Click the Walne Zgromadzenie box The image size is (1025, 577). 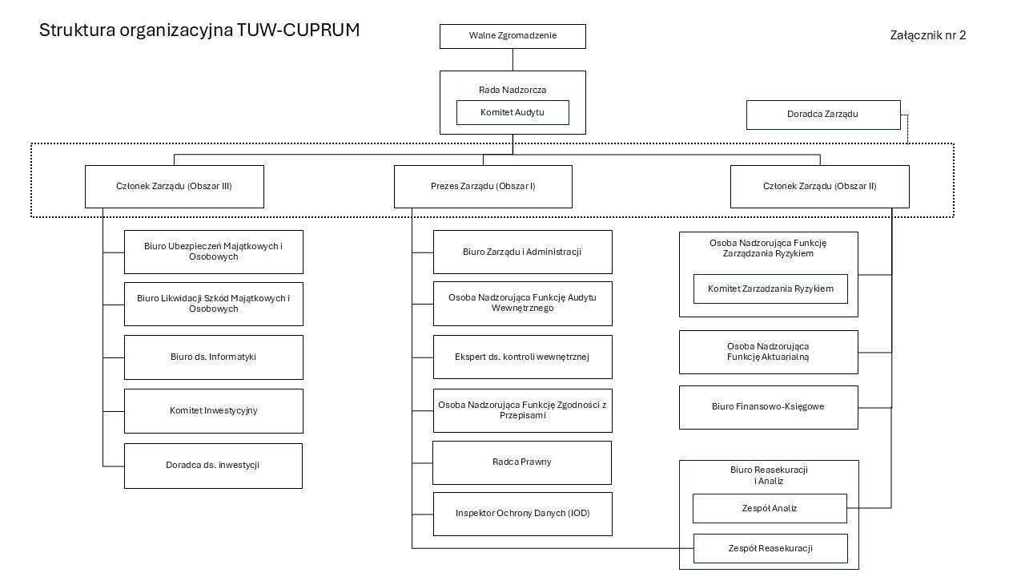click(512, 36)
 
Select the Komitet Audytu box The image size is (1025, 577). click(512, 112)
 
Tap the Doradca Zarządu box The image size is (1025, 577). click(822, 115)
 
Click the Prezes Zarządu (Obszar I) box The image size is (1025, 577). click(483, 186)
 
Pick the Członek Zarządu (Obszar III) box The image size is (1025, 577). click(174, 186)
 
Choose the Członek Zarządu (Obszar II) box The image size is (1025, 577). click(819, 186)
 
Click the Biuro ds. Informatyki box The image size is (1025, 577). click(213, 357)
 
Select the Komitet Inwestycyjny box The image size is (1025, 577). click(213, 411)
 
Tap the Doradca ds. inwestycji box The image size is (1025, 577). click(213, 466)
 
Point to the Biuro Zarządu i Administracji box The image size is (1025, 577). click(522, 252)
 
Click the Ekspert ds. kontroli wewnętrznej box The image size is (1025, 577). click(522, 357)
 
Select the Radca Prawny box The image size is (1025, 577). click(522, 462)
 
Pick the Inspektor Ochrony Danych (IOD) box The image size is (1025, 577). click(522, 514)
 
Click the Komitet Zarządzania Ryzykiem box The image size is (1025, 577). click(770, 288)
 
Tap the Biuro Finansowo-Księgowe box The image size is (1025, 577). click(768, 407)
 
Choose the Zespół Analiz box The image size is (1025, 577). click(770, 508)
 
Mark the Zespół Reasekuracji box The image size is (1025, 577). click(770, 548)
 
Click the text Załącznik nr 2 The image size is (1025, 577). click(927, 35)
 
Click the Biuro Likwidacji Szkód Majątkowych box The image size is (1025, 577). click(213, 304)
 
